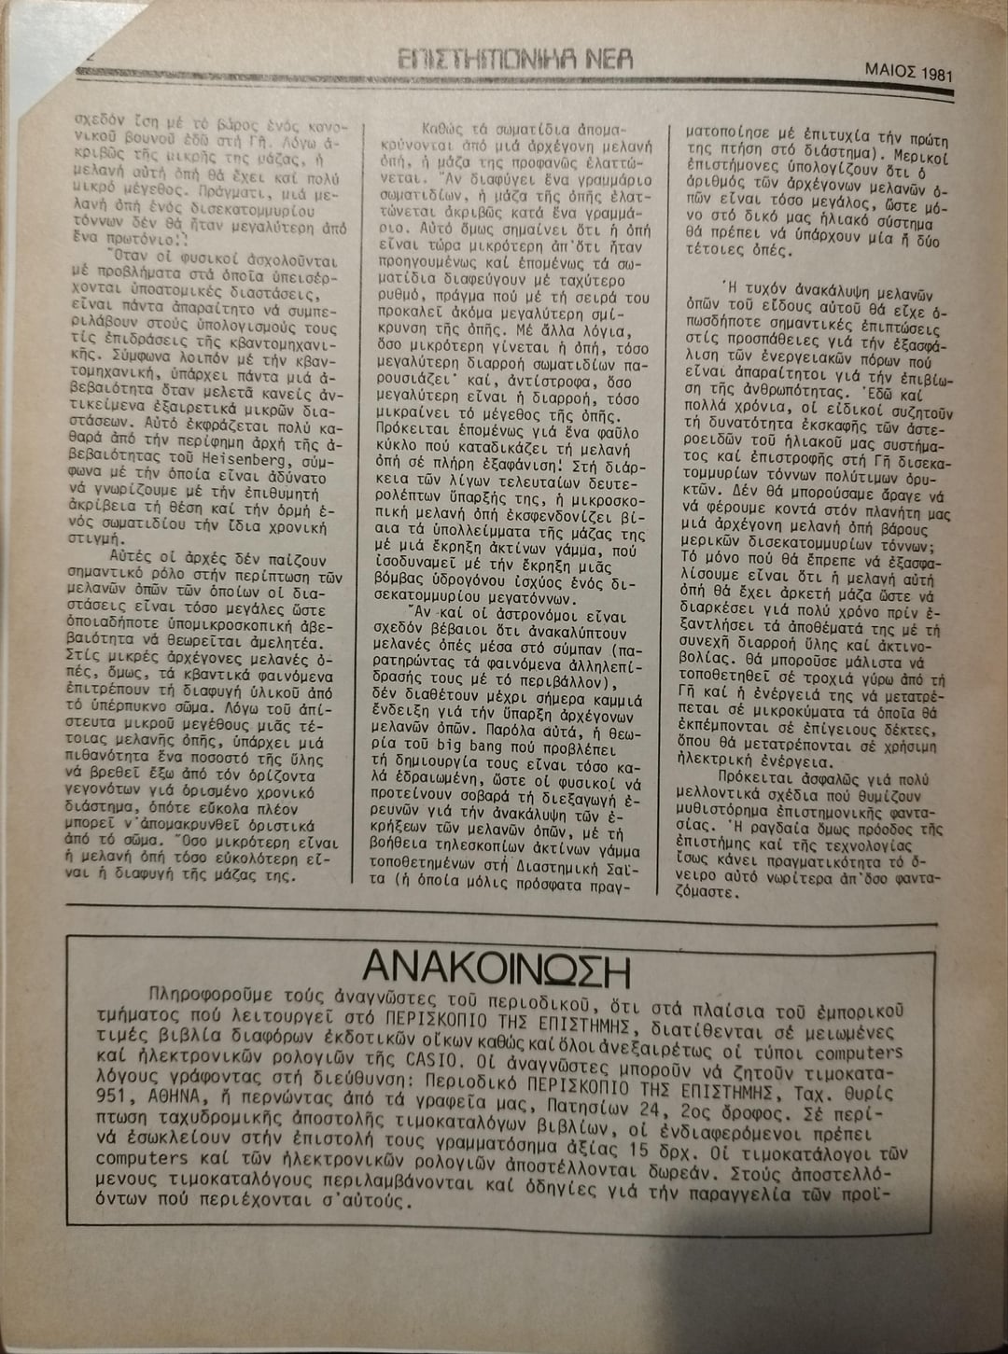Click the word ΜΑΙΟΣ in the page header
click(x=888, y=70)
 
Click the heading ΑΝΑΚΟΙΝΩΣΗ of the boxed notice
click(x=497, y=970)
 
